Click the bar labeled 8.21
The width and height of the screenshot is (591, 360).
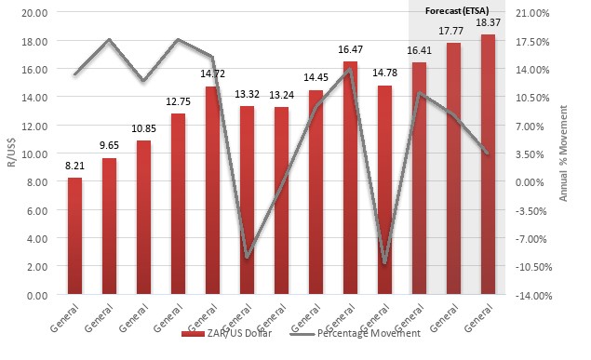75,236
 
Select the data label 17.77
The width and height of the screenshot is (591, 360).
453,32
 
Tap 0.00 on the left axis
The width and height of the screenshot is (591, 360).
37,295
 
